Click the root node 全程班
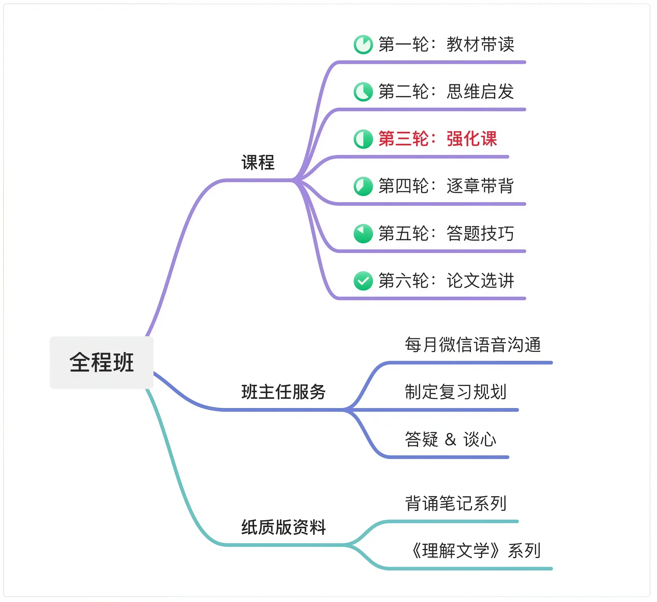click(101, 362)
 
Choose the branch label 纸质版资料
click(283, 527)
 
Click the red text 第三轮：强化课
click(437, 139)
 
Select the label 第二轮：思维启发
click(446, 91)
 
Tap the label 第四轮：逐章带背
click(446, 186)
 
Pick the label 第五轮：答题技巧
click(446, 233)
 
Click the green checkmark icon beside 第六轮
click(363, 281)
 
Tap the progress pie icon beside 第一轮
click(363, 44)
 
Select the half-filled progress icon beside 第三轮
click(363, 139)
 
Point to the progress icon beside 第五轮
click(363, 233)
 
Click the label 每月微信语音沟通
click(472, 345)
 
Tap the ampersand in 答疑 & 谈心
click(450, 439)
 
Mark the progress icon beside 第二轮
click(363, 92)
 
